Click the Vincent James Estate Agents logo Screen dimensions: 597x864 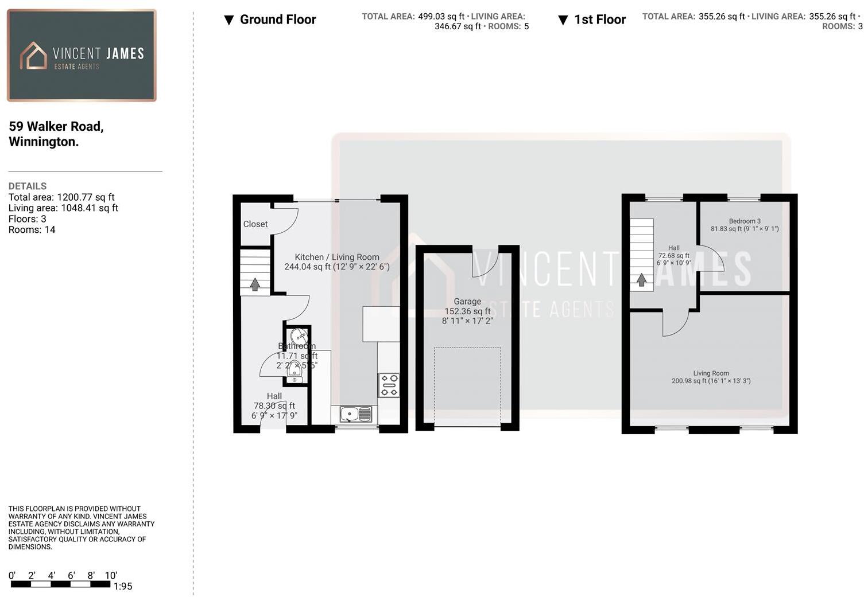pos(82,56)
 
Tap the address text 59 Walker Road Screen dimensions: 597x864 pos(56,126)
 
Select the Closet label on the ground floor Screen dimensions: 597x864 pos(255,224)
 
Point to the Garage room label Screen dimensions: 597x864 pos(467,302)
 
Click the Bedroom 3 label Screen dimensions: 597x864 pos(745,221)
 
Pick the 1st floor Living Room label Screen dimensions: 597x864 pos(711,373)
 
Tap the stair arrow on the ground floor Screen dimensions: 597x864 pos(255,284)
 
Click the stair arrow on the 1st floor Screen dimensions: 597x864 pos(642,280)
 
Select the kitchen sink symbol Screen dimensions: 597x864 pos(356,414)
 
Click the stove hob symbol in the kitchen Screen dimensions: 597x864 pos(389,385)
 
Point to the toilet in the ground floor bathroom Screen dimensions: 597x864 pos(295,373)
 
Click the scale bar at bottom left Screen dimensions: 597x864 pos(60,584)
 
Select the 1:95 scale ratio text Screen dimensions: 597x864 pos(123,587)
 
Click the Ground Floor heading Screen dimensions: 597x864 pos(278,19)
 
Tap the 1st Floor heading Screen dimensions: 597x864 pos(600,19)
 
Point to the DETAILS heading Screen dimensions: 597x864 pos(28,186)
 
